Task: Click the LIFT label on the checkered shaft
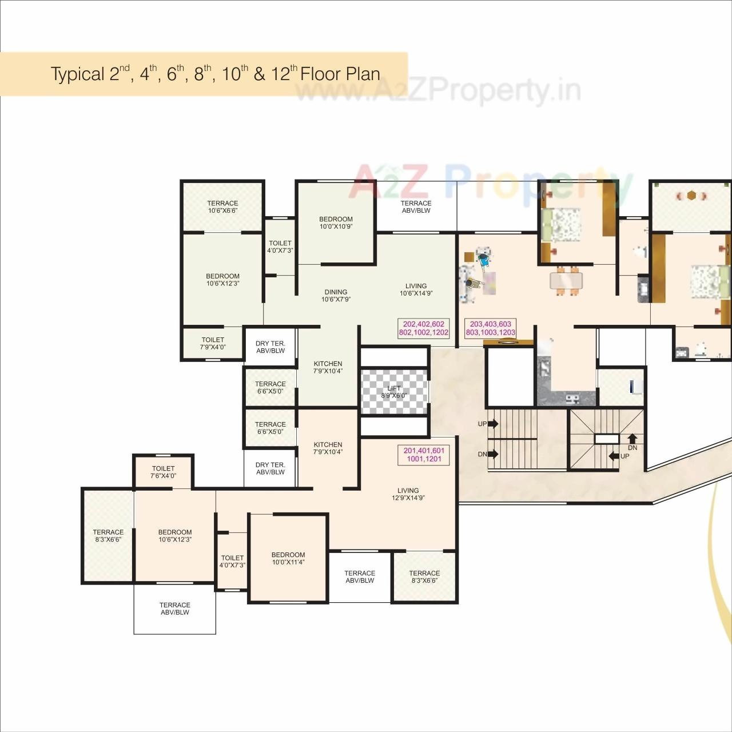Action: (394, 392)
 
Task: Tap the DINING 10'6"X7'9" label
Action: (336, 296)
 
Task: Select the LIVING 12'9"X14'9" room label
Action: (408, 494)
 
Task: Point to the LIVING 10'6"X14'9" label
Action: (416, 290)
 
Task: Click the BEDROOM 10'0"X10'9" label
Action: (336, 222)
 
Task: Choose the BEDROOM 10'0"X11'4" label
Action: (288, 558)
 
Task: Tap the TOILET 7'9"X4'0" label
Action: (213, 343)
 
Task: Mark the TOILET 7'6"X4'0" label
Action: (163, 472)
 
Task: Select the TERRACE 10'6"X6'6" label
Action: (222, 206)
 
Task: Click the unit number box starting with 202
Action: (424, 328)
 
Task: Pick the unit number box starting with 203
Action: (490, 328)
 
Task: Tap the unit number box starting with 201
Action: (424, 455)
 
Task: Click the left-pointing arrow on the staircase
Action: (614, 456)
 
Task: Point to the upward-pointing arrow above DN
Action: (632, 439)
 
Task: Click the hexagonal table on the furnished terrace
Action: (691, 196)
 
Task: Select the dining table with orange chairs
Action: (566, 280)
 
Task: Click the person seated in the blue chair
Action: (483, 258)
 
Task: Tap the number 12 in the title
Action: (280, 74)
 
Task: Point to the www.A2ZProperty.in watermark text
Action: (437, 90)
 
